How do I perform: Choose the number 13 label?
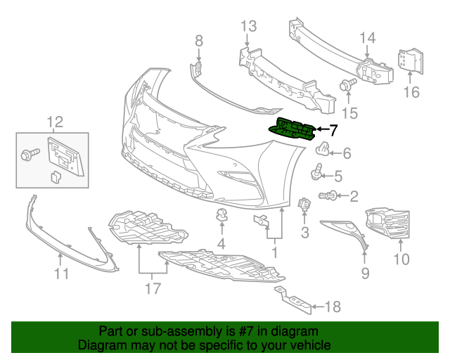pyautogui.click(x=249, y=27)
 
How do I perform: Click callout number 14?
pyautogui.click(x=368, y=38)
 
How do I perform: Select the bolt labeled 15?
pyautogui.click(x=346, y=86)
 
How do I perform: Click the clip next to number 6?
pyautogui.click(x=323, y=148)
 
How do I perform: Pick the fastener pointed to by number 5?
pyautogui.click(x=317, y=170)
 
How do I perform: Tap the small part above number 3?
pyautogui.click(x=304, y=205)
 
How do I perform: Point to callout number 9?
pyautogui.click(x=365, y=271)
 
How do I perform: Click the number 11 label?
pyautogui.click(x=62, y=273)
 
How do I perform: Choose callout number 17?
pyautogui.click(x=152, y=288)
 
